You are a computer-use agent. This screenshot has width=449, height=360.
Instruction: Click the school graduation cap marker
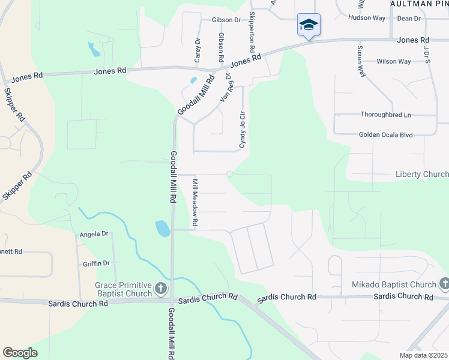click(x=309, y=25)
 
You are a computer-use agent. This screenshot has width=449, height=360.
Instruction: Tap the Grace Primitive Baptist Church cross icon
click(x=160, y=289)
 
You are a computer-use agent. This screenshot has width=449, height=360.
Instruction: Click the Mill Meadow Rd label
click(x=195, y=202)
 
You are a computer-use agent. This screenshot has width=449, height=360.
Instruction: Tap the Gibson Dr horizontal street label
click(x=226, y=20)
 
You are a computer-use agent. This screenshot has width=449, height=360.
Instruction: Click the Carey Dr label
click(x=197, y=49)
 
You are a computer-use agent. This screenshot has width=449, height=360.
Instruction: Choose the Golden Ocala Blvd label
click(x=385, y=135)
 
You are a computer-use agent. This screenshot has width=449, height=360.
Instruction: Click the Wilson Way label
click(x=394, y=61)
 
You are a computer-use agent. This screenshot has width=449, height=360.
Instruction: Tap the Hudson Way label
click(x=367, y=18)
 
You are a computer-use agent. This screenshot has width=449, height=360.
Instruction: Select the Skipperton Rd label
click(x=252, y=31)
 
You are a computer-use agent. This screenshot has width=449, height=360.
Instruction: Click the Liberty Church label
click(x=422, y=175)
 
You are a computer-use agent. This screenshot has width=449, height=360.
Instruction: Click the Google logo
click(x=20, y=353)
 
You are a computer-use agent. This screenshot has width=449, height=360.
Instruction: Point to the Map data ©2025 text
click(x=423, y=355)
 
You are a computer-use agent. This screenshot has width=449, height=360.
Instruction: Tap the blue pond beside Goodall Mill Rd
click(x=162, y=228)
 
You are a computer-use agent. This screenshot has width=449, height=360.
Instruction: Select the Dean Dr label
click(x=409, y=19)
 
